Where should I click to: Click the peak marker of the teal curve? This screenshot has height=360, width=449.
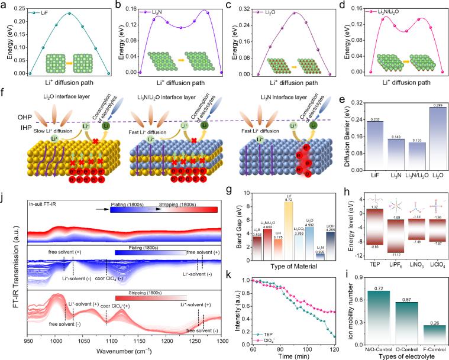(69, 13)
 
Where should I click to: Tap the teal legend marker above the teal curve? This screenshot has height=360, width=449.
(34, 12)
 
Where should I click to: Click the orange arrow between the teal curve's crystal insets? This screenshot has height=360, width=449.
(69, 63)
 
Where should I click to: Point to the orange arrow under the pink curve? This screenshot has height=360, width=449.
(406, 62)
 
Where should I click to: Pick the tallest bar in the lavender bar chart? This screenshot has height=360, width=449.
(438, 138)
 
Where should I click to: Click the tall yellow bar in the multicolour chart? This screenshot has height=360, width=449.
(289, 231)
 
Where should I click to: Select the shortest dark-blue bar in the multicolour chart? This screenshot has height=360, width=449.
(320, 257)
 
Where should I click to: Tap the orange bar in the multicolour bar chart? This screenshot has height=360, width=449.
(278, 249)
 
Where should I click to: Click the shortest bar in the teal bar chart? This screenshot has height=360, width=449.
(434, 335)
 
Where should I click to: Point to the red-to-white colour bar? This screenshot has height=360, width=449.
(151, 298)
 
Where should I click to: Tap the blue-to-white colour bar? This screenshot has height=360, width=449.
(150, 252)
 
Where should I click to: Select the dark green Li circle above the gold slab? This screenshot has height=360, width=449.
(106, 125)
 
